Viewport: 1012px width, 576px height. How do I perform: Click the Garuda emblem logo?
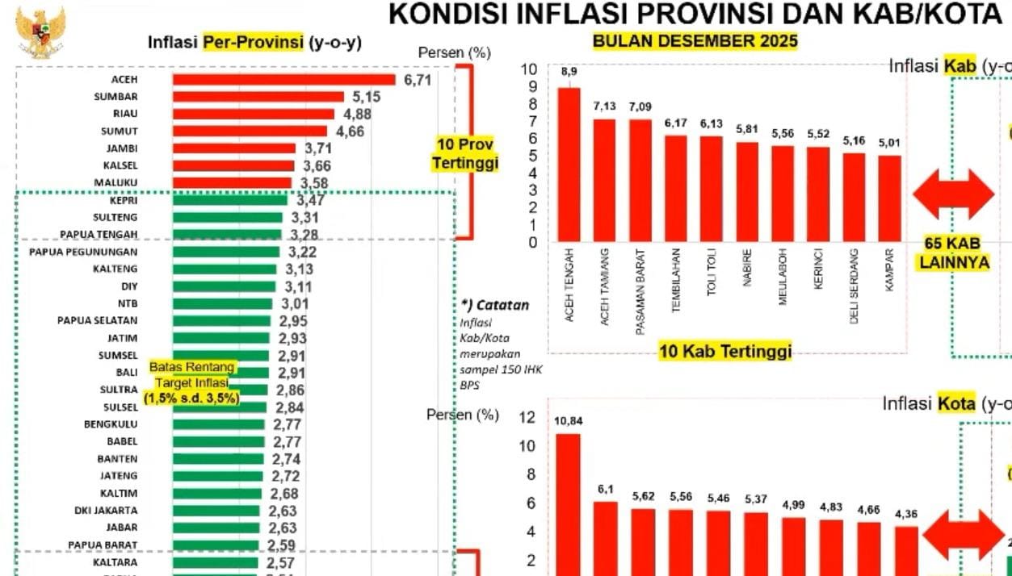pos(40,32)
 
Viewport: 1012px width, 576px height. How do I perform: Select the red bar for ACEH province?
pos(283,79)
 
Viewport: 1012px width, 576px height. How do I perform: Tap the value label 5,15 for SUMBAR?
pos(366,97)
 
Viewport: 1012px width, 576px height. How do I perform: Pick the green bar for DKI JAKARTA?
pos(216,511)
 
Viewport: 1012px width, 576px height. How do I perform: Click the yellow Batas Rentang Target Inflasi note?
pos(192,382)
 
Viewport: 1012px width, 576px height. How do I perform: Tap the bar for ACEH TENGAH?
pos(569,165)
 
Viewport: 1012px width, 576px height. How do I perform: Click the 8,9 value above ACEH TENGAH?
pos(569,73)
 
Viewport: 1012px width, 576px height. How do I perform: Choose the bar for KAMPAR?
pos(889,198)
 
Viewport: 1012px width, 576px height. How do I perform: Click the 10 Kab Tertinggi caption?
pos(724,351)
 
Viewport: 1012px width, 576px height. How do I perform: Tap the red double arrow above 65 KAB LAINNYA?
pos(953,194)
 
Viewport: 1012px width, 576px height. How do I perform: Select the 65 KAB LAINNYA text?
pos(953,253)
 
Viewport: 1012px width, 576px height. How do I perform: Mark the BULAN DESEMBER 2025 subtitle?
pos(695,41)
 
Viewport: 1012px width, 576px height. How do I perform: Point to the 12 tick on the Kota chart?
pos(527,417)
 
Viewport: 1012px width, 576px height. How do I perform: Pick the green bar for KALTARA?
pos(215,563)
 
